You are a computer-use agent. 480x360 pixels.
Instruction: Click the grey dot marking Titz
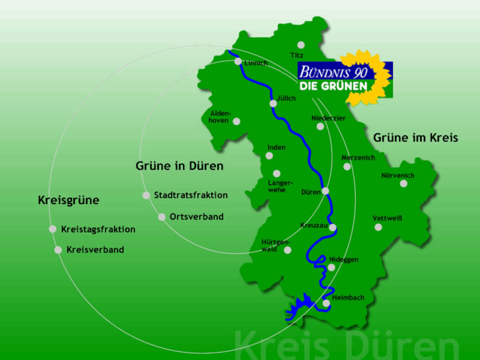[x=301, y=45]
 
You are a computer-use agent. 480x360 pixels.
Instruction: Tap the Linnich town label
[x=256, y=63]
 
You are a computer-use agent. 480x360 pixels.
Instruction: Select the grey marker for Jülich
[x=273, y=104]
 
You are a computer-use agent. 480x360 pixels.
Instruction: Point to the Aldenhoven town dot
[x=237, y=121]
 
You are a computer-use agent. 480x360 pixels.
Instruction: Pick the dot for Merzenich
[x=347, y=166]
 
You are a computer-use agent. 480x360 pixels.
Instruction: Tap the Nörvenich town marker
[x=404, y=183]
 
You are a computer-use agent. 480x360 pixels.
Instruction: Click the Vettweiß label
[x=387, y=217]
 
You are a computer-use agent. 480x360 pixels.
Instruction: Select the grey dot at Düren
[x=326, y=192]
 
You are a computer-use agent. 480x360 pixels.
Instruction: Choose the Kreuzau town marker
[x=333, y=227]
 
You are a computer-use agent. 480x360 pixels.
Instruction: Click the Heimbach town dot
[x=326, y=303]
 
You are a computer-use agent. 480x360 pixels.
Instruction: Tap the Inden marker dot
[x=269, y=156]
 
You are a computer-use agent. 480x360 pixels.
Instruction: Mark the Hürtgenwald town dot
[x=287, y=251]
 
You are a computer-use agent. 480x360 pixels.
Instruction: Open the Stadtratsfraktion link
[x=191, y=195]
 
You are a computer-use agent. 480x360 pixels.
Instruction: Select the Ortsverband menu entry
[x=197, y=217]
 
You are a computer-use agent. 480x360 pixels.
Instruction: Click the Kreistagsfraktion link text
[x=98, y=229]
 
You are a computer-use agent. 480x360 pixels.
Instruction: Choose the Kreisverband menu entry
[x=95, y=250]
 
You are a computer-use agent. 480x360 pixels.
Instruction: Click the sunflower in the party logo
[x=367, y=76]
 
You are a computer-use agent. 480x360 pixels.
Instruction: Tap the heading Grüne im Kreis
[x=415, y=137]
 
